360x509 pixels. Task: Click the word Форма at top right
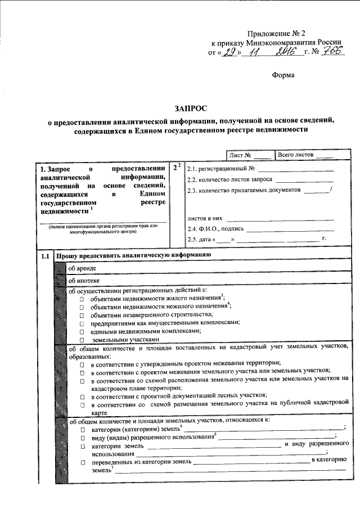pyautogui.click(x=283, y=74)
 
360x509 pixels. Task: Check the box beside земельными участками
pyautogui.click(x=82, y=340)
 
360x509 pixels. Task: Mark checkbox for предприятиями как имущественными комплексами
pyautogui.click(x=82, y=323)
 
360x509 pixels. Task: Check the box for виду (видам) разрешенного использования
pyautogui.click(x=82, y=438)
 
